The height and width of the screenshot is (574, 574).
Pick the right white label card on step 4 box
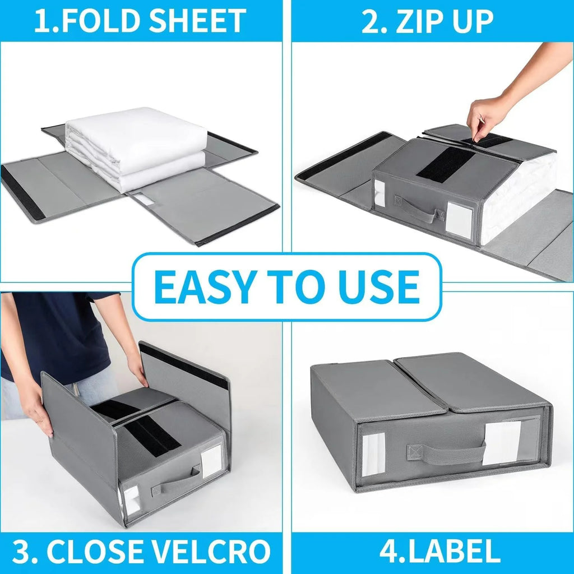click(501, 443)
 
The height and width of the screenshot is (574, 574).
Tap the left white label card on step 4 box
click(373, 455)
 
